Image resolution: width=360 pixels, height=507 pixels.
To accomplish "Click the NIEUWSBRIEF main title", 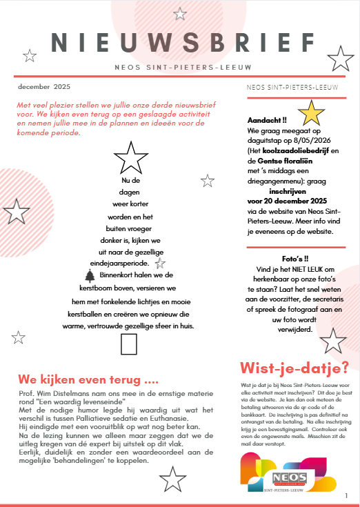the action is point(179,42).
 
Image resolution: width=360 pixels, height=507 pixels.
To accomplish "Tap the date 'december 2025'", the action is point(45,87).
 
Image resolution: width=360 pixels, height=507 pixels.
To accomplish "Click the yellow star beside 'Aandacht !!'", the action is point(314,112).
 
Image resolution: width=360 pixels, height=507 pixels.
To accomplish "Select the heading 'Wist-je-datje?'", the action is point(294,366).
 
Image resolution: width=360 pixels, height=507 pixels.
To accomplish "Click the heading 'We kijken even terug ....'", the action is point(88,379).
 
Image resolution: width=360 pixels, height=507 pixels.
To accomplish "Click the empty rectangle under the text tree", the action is point(129,344).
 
